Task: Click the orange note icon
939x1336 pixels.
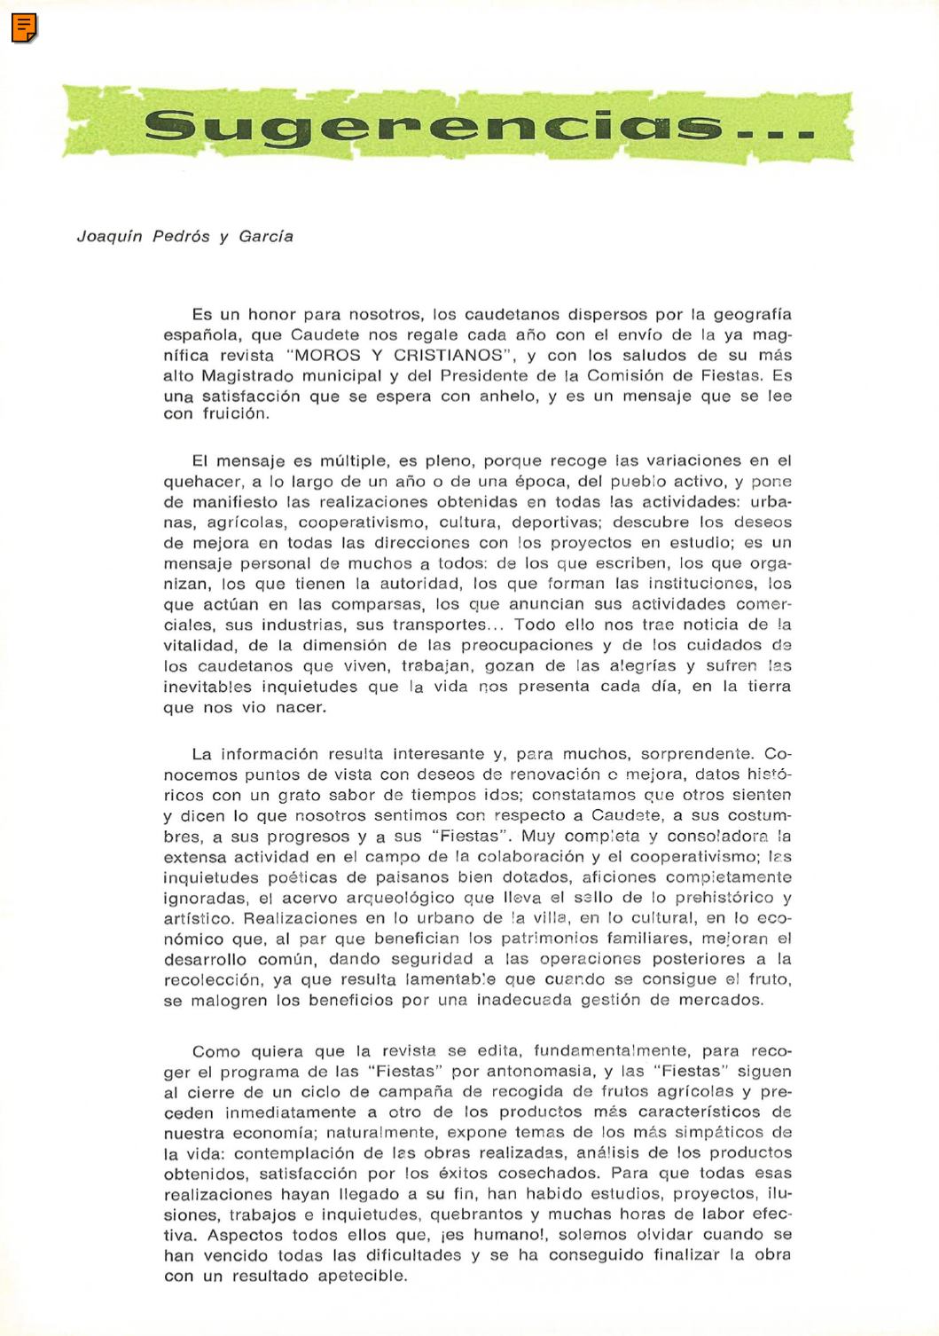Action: [24, 28]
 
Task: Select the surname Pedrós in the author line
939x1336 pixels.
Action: [181, 236]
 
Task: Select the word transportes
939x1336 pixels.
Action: [439, 625]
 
